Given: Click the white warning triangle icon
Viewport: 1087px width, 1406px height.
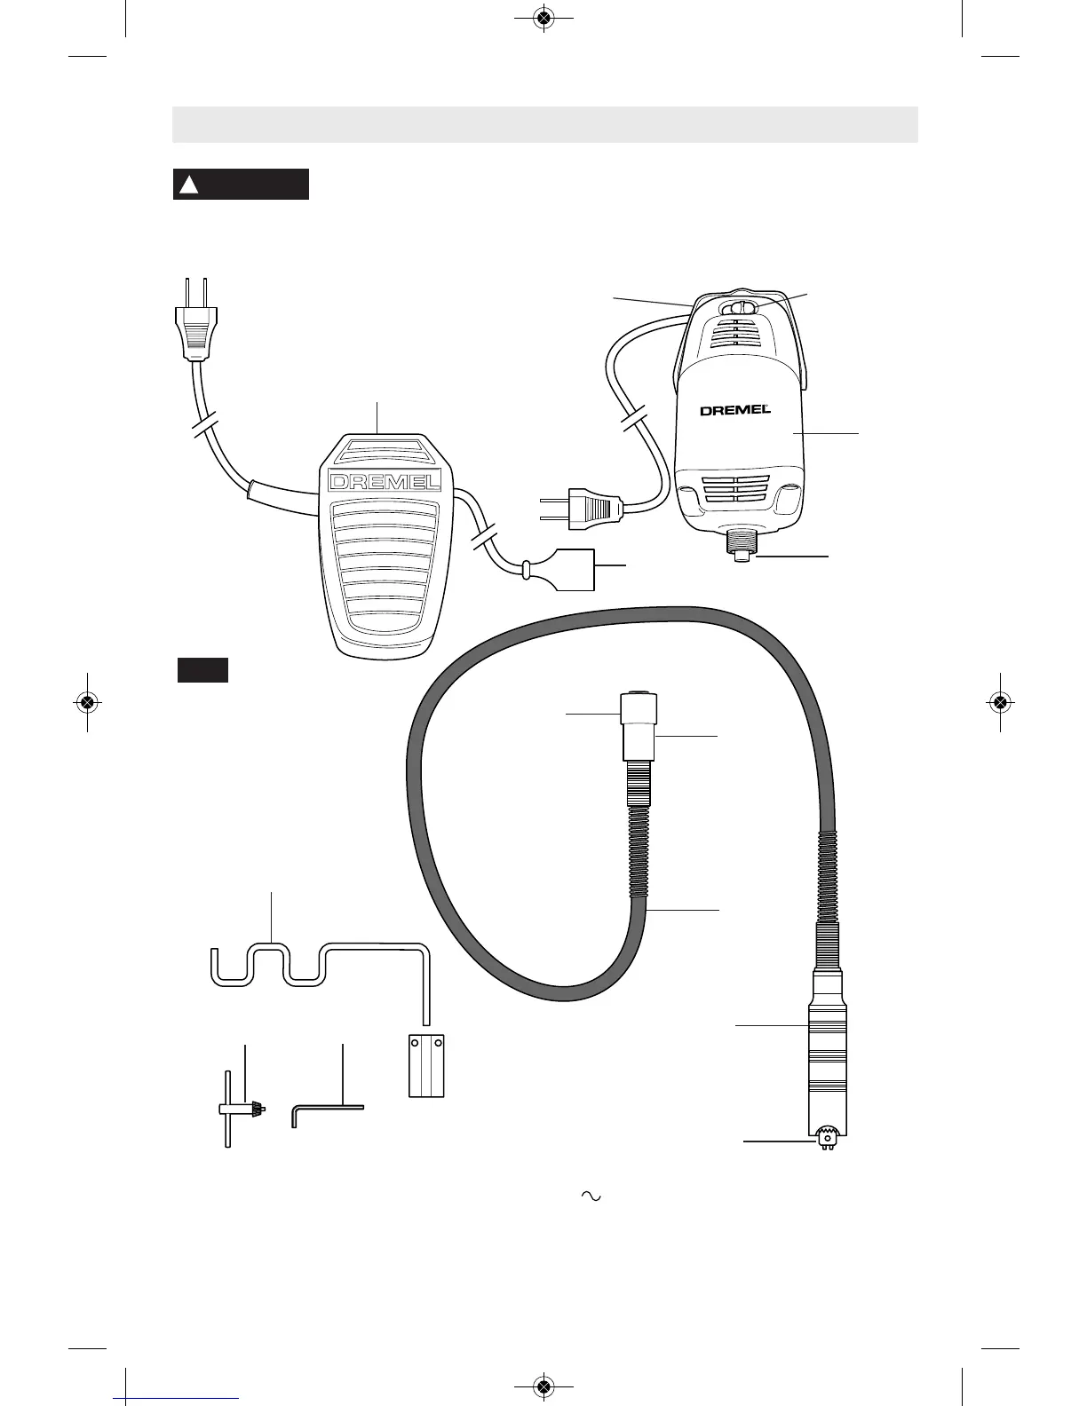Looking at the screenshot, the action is point(187,185).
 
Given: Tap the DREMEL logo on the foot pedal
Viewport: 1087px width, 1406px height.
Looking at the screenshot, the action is point(385,482).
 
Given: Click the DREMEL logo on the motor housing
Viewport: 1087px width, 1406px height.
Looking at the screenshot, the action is point(734,410).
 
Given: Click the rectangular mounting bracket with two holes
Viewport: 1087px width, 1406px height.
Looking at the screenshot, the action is point(425,1064).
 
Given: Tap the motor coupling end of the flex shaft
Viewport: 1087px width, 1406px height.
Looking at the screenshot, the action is point(639,725).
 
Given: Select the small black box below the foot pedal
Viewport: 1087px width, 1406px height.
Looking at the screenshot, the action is point(202,670).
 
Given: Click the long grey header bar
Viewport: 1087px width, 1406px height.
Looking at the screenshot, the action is point(544,124).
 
